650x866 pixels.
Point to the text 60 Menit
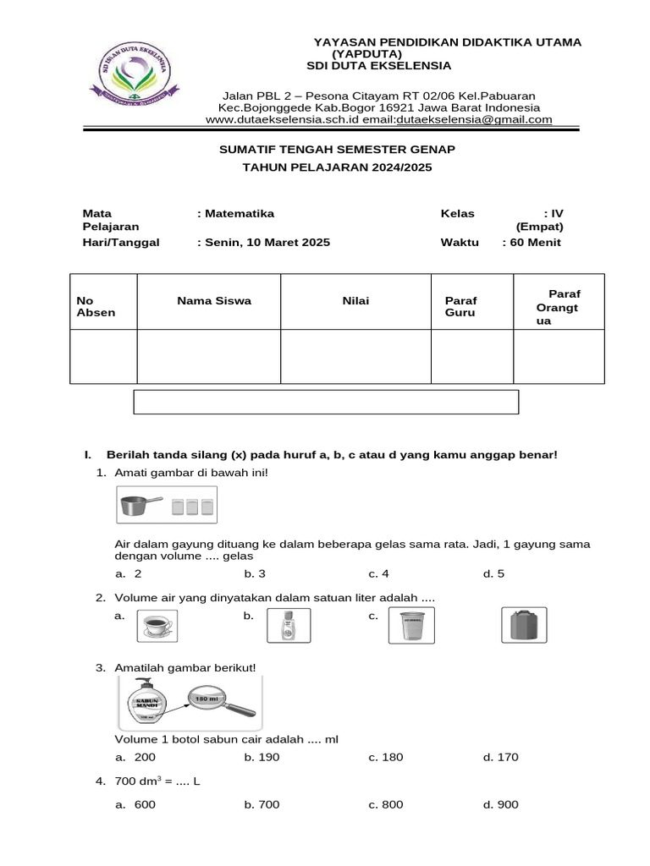tap(534, 242)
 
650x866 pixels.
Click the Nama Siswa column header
tap(213, 300)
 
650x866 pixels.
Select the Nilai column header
tap(355, 300)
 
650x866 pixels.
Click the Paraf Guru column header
tap(461, 306)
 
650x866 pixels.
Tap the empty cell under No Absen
tap(103, 356)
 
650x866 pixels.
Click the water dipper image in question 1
tap(138, 506)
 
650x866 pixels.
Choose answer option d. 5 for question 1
tap(493, 573)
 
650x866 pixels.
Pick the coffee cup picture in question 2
tap(155, 627)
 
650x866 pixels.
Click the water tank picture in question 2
tap(524, 627)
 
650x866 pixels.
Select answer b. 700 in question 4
tap(262, 804)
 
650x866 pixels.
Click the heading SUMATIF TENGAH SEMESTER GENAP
tap(337, 149)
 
